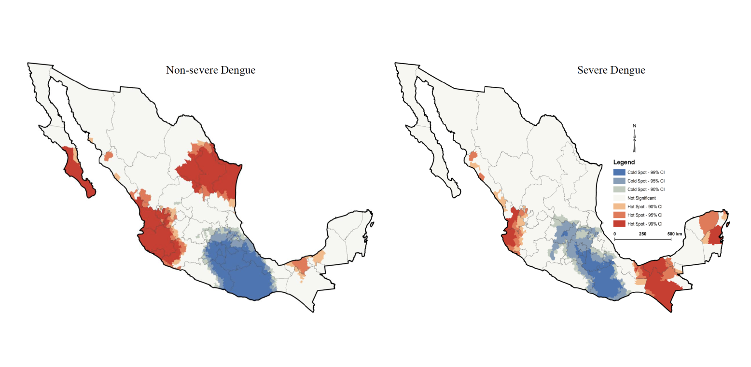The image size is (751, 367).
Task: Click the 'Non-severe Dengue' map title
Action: pos(210,70)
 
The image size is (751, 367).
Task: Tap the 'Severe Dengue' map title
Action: pos(611,70)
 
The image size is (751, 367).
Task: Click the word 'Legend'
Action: pos(624,163)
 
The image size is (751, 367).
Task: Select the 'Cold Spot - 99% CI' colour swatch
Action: pos(619,172)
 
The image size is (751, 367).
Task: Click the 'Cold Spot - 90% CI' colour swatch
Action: pos(619,190)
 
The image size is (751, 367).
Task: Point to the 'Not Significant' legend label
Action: pos(641,198)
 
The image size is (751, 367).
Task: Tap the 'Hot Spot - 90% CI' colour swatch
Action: pos(619,206)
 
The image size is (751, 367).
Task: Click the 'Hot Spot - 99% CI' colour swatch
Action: pos(619,224)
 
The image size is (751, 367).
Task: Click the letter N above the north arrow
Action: pos(635,126)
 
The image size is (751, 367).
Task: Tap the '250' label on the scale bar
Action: pos(642,233)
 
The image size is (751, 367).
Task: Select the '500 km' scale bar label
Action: pos(675,233)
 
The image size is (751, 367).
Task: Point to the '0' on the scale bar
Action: pos(614,233)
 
